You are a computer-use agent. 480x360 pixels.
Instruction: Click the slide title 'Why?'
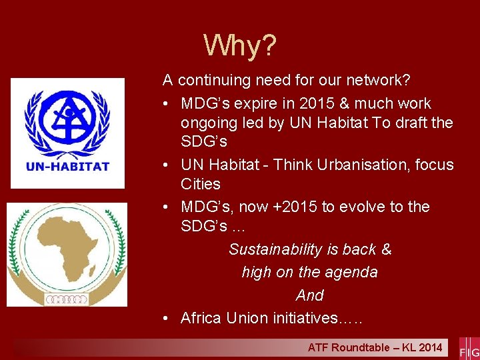click(x=240, y=46)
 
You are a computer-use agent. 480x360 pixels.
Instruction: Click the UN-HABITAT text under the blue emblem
click(x=67, y=167)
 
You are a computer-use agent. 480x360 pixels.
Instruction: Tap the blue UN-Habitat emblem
click(x=67, y=121)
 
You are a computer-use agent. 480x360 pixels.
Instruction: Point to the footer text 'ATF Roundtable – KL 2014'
click(x=375, y=347)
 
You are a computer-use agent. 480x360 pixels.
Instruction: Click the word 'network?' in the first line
click(x=377, y=81)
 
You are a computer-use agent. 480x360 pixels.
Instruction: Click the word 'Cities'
click(x=201, y=183)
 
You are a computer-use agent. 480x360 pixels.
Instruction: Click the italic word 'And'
click(x=310, y=295)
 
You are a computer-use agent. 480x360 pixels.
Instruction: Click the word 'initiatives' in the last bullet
click(x=305, y=318)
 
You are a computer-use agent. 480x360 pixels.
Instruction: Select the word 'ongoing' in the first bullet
click(x=207, y=123)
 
